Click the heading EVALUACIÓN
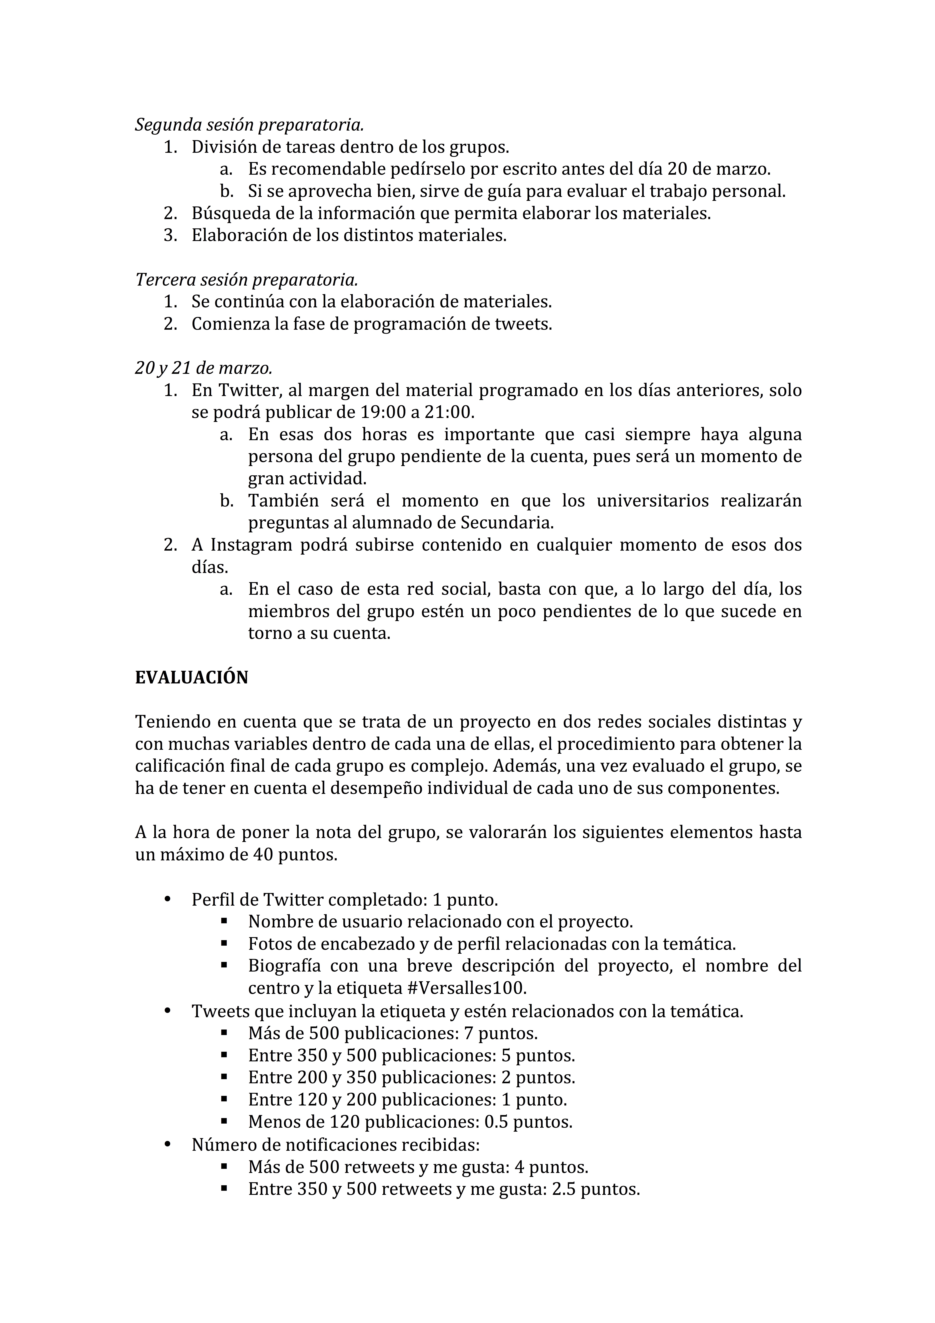191,678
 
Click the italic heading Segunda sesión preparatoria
249,124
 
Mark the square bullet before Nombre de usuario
224,921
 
